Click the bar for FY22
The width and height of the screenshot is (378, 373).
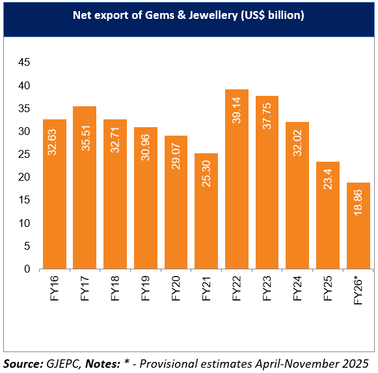coord(236,179)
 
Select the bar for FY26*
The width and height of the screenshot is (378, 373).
coord(358,226)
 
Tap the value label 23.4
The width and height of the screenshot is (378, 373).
coord(328,178)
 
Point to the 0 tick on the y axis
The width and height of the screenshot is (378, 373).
coord(27,269)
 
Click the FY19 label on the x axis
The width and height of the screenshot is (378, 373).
coord(145,288)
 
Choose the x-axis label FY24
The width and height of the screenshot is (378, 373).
coord(297,288)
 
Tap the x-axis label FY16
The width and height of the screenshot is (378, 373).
coord(54,288)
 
